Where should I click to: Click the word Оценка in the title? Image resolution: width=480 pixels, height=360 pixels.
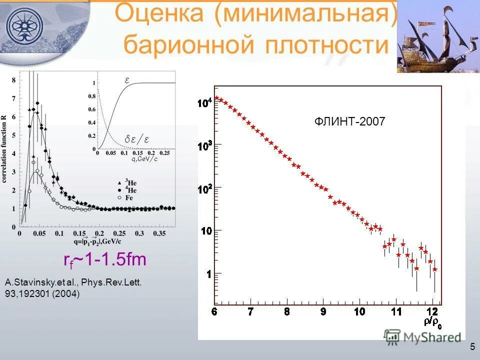click(160, 13)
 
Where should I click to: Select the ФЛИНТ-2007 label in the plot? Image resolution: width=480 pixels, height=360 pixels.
click(349, 121)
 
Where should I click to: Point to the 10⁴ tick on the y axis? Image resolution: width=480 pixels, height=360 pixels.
click(205, 103)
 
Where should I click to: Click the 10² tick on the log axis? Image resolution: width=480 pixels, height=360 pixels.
click(205, 189)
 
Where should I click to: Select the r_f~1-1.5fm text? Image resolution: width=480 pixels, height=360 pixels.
click(104, 260)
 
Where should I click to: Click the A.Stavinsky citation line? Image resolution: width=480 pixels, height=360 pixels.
click(73, 282)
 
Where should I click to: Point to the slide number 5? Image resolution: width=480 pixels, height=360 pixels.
click(472, 347)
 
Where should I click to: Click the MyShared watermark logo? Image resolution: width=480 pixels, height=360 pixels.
click(422, 337)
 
